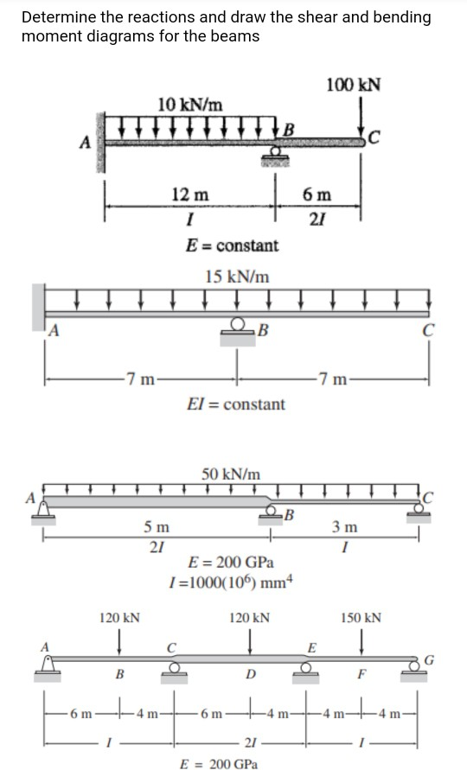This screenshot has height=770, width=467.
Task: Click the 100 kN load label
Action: (x=355, y=84)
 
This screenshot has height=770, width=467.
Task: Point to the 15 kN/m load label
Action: (x=236, y=277)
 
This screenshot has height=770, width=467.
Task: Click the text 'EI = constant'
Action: (x=236, y=404)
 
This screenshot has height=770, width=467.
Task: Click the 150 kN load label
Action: (x=361, y=618)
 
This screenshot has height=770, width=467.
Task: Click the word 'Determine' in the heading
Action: (x=56, y=17)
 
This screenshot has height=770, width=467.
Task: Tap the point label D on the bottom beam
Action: (x=250, y=674)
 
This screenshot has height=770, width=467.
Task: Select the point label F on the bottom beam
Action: (x=361, y=674)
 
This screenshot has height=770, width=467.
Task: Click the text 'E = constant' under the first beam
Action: (x=233, y=245)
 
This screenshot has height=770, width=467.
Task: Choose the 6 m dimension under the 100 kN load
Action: (x=313, y=195)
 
